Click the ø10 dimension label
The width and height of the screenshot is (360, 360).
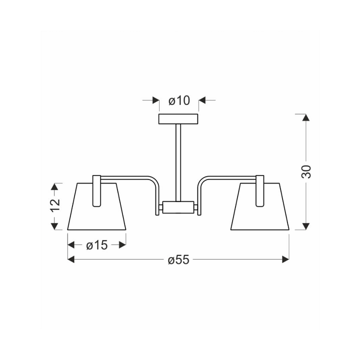pos(179,100)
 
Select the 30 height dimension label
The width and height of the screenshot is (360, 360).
pos(306,171)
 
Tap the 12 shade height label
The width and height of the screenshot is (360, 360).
pos(55,205)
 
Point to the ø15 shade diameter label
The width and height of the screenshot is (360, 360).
pos(97,245)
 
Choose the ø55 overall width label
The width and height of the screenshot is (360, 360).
pos(178,259)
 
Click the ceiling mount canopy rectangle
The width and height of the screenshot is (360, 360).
pos(178,118)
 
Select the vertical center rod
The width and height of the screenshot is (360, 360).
pos(178,162)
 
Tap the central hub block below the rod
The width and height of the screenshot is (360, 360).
pos(178,207)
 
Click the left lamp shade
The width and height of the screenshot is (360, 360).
pos(96,206)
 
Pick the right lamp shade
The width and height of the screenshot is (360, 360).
pos(260,206)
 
